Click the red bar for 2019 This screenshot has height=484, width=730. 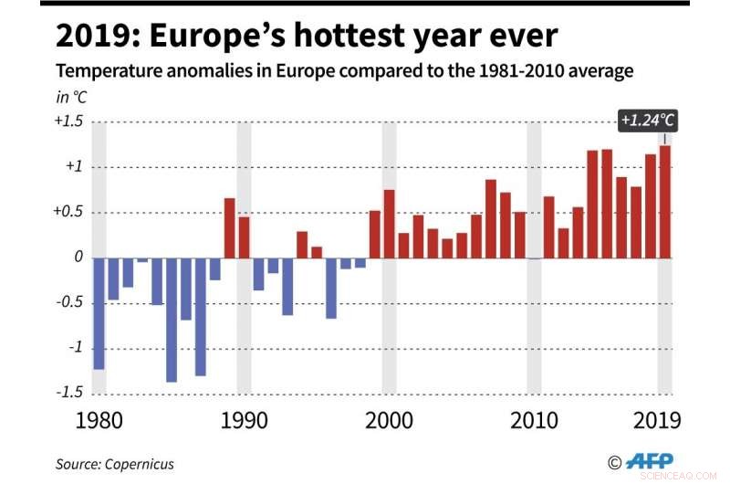point(665,201)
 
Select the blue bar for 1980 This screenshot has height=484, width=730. point(99,312)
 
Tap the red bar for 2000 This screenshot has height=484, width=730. point(389,223)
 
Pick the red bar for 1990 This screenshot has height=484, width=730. point(244,237)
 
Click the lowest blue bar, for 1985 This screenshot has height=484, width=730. point(172,319)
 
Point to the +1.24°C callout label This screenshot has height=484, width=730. point(649,121)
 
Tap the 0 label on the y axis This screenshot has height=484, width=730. point(78,258)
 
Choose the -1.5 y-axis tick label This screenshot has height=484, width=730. point(71,393)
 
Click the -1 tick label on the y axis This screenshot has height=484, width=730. point(76,348)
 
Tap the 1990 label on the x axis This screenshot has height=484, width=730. point(245,422)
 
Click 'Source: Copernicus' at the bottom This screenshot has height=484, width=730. point(115,464)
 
